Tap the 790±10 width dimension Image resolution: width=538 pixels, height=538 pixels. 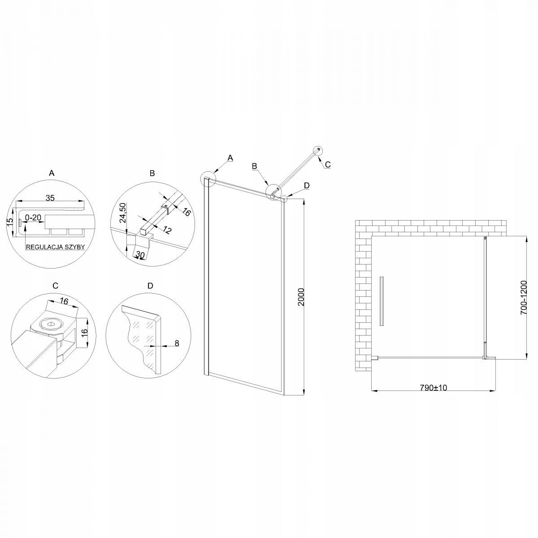pos(434,388)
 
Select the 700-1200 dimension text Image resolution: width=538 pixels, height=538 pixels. pos(524,297)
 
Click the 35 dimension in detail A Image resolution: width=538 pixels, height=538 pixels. pos(50,198)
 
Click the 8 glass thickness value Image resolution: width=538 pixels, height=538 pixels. pos(176,343)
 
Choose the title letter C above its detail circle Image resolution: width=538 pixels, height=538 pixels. pos(55,286)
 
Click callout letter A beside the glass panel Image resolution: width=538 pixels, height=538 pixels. pos(230,157)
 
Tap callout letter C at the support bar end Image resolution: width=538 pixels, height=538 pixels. pos(327,165)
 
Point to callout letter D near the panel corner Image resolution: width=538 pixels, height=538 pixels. pos(306,185)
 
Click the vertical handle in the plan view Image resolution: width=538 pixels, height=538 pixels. pos(382,301)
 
